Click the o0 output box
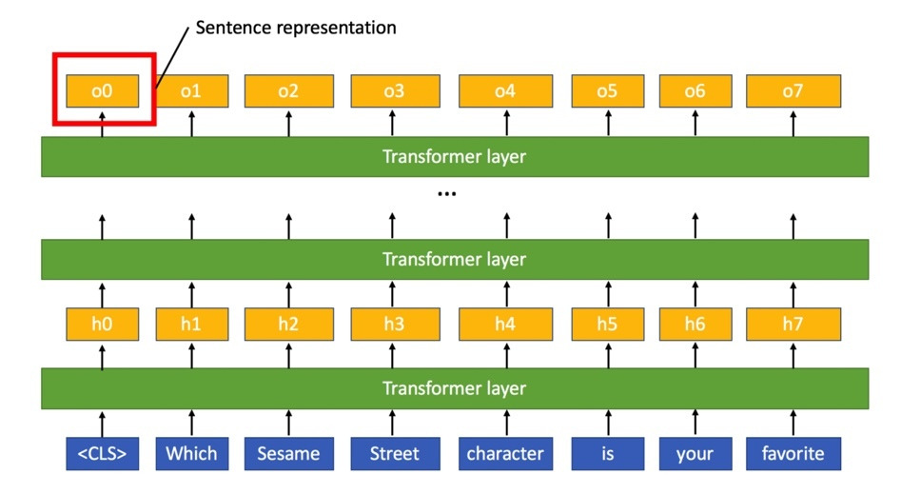pos(103,91)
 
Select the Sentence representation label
pos(295,28)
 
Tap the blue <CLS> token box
pos(103,453)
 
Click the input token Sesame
pos(288,453)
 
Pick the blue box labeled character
pos(505,453)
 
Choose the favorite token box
pos(793,453)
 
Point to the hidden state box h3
pos(394,324)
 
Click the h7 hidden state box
pos(793,324)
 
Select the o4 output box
pos(505,91)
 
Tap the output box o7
pos(793,91)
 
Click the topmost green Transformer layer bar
pos(454,157)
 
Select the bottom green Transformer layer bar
pos(454,388)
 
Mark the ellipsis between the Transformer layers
pos(446,194)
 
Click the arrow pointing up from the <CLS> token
pos(103,423)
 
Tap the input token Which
pos(191,453)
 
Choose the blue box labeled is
pos(607,453)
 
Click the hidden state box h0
pos(103,324)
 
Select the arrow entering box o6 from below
pos(695,123)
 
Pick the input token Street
pos(394,453)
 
